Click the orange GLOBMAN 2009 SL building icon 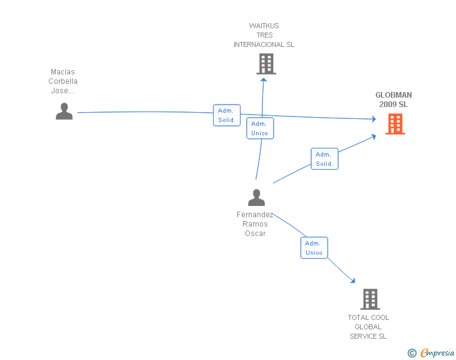395,124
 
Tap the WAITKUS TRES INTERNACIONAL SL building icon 266,63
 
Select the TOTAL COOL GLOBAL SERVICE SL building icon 370,299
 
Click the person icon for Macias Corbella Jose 64,111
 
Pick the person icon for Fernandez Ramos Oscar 256,197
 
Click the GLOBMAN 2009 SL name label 393,100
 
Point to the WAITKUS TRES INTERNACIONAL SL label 264,35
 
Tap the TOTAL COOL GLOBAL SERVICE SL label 368,327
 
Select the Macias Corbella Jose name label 63,81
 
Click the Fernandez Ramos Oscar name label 256,224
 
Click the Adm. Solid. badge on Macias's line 227,115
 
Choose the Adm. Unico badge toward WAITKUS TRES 259,128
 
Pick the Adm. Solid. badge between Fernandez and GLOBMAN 324,159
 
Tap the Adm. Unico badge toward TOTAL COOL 314,248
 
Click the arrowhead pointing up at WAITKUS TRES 264,80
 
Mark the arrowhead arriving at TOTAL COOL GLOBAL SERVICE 353,281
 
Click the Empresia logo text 437,353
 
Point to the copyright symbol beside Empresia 412,354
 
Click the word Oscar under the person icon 256,234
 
